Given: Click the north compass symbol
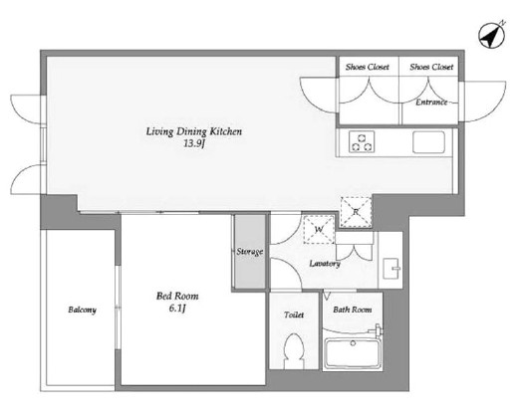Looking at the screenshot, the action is pyautogui.click(x=492, y=35).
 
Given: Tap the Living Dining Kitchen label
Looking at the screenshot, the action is pyautogui.click(x=194, y=131).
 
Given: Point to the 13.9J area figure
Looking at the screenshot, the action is pyautogui.click(x=193, y=144).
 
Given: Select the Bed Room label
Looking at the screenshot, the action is pyautogui.click(x=177, y=296).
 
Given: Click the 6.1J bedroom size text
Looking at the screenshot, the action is pyautogui.click(x=177, y=309).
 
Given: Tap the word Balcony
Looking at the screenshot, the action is pyautogui.click(x=82, y=310).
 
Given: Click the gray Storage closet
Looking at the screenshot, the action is pyautogui.click(x=250, y=252).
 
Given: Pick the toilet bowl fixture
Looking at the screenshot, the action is pyautogui.click(x=294, y=350).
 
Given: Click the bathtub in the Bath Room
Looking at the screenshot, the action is pyautogui.click(x=353, y=354).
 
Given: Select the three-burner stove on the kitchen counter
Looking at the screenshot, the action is pyautogui.click(x=362, y=141).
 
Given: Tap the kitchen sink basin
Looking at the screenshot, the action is pyautogui.click(x=428, y=142).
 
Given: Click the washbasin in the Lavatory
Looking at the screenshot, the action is pyautogui.click(x=392, y=269).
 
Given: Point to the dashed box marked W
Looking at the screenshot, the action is pyautogui.click(x=319, y=230).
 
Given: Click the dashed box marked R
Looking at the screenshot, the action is pyautogui.click(x=356, y=212).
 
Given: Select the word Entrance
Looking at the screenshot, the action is pyautogui.click(x=431, y=103).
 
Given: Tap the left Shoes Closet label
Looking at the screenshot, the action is pyautogui.click(x=368, y=67).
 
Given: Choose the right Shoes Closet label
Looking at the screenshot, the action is pyautogui.click(x=431, y=67).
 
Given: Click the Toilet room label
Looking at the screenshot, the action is pyautogui.click(x=294, y=315).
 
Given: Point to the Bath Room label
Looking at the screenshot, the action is pyautogui.click(x=353, y=310).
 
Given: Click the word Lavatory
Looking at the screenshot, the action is pyautogui.click(x=325, y=264).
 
